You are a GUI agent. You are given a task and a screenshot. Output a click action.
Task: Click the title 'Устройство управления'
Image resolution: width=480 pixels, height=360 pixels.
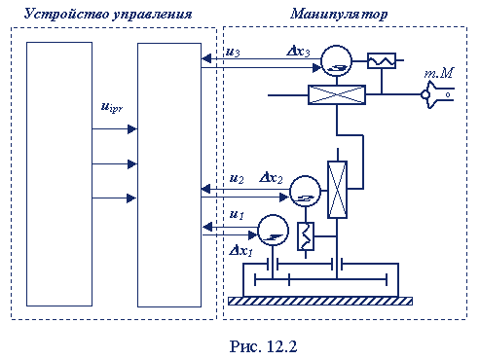108,15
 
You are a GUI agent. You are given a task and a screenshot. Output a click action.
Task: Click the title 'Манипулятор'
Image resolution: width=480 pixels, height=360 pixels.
339,15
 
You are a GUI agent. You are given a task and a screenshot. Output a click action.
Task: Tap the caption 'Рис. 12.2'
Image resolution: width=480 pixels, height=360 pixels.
263,346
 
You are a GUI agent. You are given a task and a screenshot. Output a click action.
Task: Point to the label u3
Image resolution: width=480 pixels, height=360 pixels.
233,52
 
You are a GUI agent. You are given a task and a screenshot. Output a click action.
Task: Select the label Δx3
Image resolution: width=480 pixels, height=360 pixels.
298,52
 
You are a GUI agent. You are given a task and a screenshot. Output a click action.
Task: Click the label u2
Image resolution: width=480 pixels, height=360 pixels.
237,178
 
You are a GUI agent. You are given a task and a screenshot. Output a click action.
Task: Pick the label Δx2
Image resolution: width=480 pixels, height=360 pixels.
271,178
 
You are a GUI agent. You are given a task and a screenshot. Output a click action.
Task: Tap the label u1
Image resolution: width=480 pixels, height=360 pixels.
237,214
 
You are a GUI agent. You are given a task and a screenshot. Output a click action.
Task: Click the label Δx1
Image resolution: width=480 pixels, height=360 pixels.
241,250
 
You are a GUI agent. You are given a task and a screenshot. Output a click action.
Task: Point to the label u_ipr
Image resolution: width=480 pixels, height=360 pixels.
112,107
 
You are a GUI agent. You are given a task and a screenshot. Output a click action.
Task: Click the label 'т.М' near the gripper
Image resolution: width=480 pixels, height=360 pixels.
439,74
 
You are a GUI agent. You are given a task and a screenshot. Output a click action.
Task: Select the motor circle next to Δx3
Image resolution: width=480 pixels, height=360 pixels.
337,61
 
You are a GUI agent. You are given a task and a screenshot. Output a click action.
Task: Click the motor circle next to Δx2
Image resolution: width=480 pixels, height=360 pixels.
305,192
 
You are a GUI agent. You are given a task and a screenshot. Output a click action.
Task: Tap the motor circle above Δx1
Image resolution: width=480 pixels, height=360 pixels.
273,230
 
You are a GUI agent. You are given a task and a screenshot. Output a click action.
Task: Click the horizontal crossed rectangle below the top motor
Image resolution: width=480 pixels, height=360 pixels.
337,94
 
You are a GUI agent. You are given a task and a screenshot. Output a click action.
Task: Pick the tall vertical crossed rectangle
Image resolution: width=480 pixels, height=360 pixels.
338,190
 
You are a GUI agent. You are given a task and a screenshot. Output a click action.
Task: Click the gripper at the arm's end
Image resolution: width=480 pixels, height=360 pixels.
437,94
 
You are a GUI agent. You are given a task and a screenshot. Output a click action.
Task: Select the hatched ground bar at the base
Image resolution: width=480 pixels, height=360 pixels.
320,301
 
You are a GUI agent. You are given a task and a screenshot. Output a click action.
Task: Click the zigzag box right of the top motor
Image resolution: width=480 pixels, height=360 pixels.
382,60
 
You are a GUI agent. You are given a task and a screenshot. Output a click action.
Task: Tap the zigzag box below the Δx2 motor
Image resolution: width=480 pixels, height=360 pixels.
306,236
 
